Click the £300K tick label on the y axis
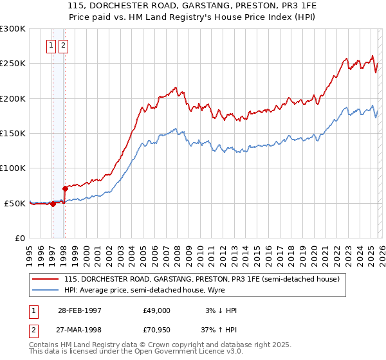[x=13, y=29]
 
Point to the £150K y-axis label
[x=13, y=133]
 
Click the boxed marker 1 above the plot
[x=51, y=46]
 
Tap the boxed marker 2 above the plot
[x=64, y=46]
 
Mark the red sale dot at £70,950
[x=65, y=188]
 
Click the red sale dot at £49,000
[x=53, y=204]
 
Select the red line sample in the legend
[x=45, y=279]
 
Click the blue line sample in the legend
[x=45, y=290]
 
